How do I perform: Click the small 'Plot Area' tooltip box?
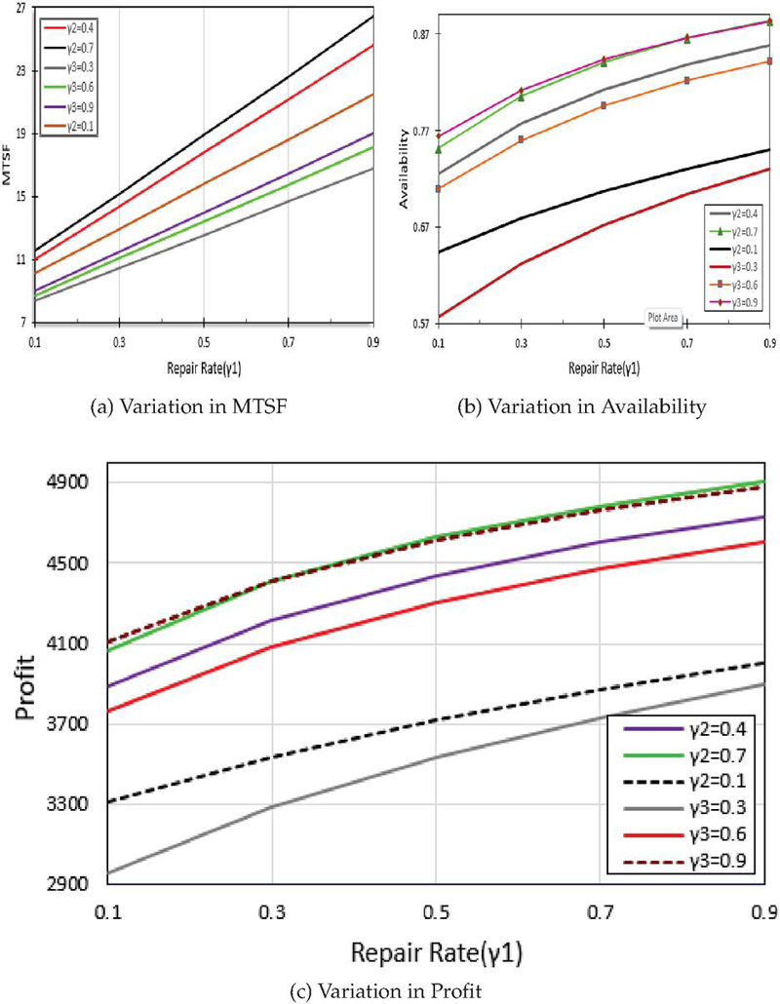point(664,315)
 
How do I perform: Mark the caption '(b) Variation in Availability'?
point(582,409)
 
